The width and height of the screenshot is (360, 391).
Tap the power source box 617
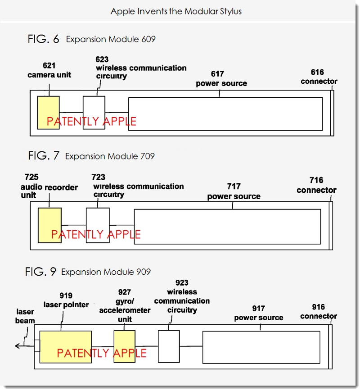coord(225,114)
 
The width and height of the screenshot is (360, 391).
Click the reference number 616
coord(317,73)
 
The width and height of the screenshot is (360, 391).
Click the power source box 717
coord(227,226)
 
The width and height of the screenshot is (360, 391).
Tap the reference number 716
coord(316,181)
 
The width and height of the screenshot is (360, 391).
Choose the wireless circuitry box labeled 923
coord(169,346)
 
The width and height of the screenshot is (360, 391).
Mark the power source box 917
coord(261,346)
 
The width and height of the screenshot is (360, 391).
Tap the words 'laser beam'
coord(26,316)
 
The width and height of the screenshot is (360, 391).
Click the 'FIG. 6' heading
coord(43,39)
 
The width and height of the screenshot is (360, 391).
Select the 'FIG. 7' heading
coord(43,156)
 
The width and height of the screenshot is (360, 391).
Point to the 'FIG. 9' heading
coord(41,272)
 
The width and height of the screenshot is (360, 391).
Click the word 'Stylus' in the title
coord(229,11)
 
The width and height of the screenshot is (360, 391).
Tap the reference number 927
coord(124,292)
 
